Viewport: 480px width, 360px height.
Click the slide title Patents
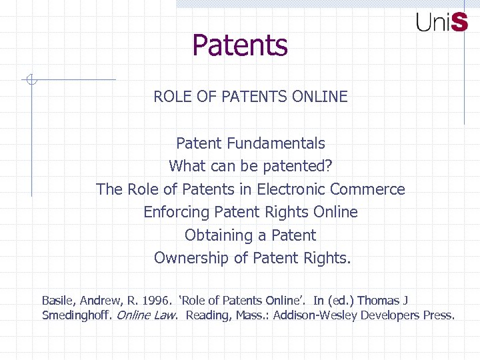(x=240, y=45)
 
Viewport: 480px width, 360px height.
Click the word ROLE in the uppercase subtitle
(x=172, y=97)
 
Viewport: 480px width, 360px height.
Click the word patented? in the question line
(x=300, y=166)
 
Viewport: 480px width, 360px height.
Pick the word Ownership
(x=187, y=258)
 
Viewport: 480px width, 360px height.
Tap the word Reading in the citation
(x=207, y=315)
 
